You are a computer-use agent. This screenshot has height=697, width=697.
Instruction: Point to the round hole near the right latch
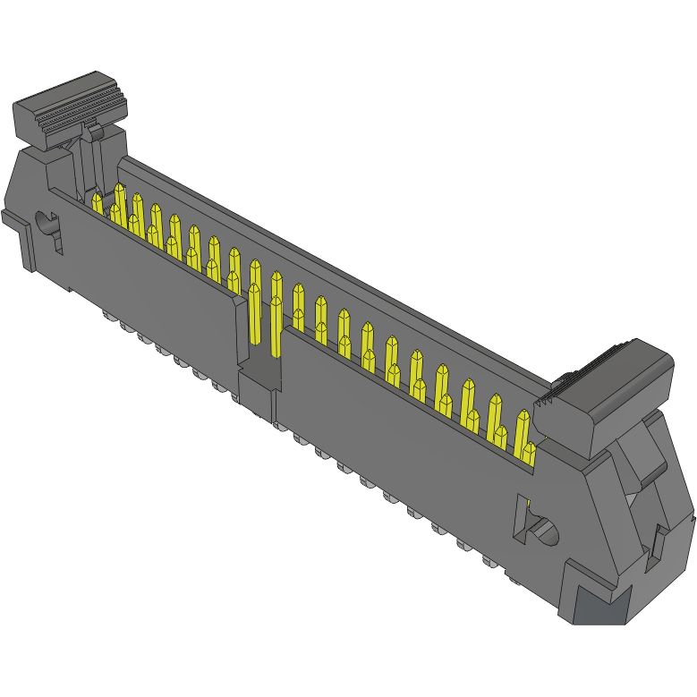click(x=544, y=533)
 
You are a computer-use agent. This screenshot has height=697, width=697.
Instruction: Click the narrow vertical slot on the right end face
click(x=658, y=547)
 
